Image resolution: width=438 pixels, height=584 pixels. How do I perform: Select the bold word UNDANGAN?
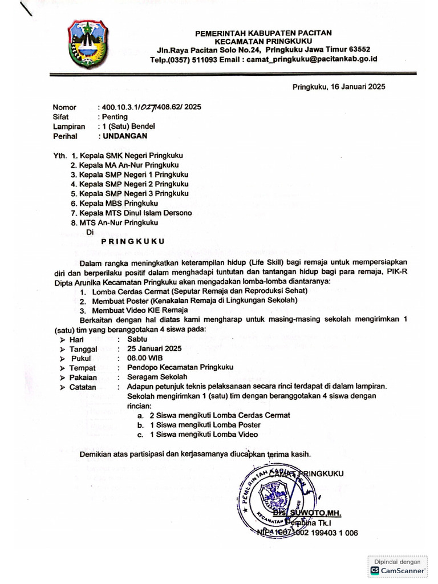click(124, 136)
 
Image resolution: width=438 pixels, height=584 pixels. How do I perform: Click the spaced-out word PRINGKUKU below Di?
click(133, 241)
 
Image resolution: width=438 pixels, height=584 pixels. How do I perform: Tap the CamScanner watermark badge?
click(399, 566)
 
